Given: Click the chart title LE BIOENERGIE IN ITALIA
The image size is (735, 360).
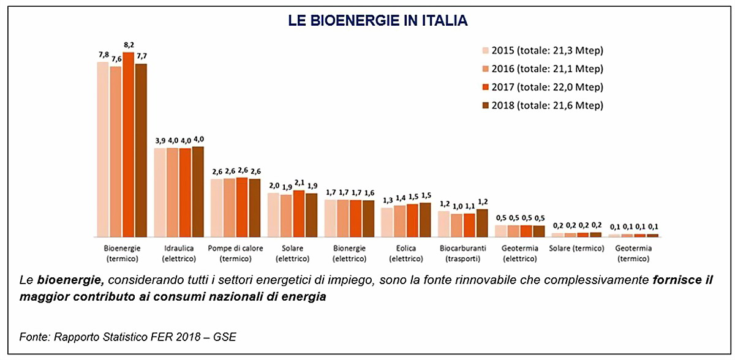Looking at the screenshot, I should point(378,21).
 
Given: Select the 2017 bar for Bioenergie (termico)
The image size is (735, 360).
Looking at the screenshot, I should point(128,144).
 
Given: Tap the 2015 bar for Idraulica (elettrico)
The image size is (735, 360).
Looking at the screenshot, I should point(160,192).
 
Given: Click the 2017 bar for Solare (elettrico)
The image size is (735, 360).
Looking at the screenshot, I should point(299,214).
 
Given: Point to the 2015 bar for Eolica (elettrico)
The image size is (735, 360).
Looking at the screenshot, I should point(386,222).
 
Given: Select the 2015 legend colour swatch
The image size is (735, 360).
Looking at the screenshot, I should point(486,50).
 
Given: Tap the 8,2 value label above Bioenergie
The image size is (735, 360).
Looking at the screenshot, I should point(129,45).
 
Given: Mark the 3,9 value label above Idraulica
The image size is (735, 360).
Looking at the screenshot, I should point(160,141).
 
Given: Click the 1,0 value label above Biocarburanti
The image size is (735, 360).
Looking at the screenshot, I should point(456,207).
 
